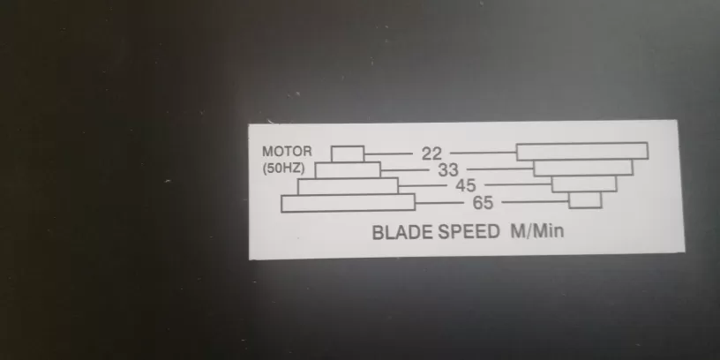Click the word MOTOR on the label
point(287,152)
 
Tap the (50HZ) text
point(284,169)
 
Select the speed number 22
point(431,154)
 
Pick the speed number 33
point(448,170)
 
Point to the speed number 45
point(466,185)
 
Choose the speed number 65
point(483,203)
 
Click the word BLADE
point(401,232)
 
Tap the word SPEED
point(469,232)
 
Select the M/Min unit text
point(537,231)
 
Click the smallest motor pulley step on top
point(348,154)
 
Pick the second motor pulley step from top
point(348,170)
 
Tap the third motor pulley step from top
point(348,186)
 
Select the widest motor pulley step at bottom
point(348,203)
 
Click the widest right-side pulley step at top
point(582,151)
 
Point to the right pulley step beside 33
point(583,168)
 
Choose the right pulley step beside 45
point(584,184)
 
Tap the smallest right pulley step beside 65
point(585,200)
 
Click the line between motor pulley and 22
point(388,154)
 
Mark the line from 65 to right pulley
point(535,201)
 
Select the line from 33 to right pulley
point(500,169)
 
